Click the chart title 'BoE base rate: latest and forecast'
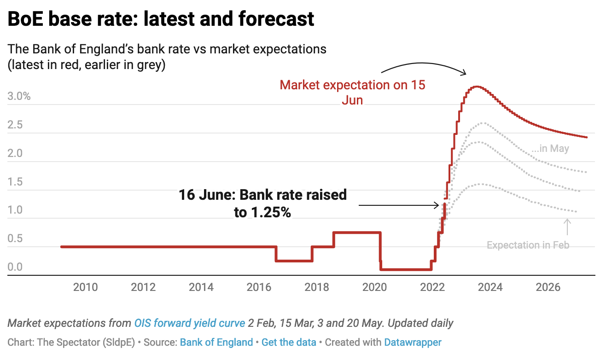(161, 19)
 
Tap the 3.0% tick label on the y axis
(19, 97)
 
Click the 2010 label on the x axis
(86, 288)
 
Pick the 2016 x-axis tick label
(259, 288)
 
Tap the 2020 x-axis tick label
(375, 288)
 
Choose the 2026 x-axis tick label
(548, 288)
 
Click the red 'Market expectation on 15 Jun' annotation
(352, 92)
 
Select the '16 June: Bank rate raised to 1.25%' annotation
(262, 203)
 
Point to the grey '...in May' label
(550, 149)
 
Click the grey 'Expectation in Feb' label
(528, 245)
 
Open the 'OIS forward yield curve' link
(189, 323)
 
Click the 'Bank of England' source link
(216, 343)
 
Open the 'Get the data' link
(289, 343)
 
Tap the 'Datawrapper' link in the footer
(413, 343)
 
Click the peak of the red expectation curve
(477, 87)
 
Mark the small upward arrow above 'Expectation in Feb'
(567, 227)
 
